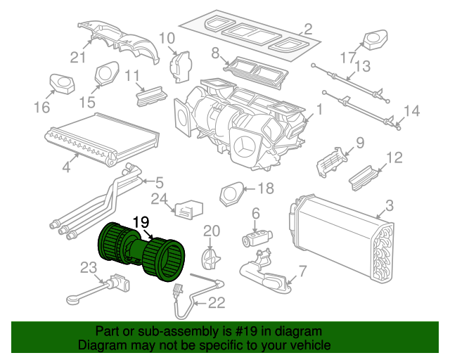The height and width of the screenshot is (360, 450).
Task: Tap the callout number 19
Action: (x=141, y=221)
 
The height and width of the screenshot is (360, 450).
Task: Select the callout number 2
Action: (x=307, y=30)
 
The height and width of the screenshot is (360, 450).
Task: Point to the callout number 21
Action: (x=77, y=58)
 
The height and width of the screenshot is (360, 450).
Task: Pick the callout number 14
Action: (x=411, y=110)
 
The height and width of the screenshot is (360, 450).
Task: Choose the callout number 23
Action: (x=87, y=267)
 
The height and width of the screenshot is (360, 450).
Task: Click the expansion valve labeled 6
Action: (x=255, y=236)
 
